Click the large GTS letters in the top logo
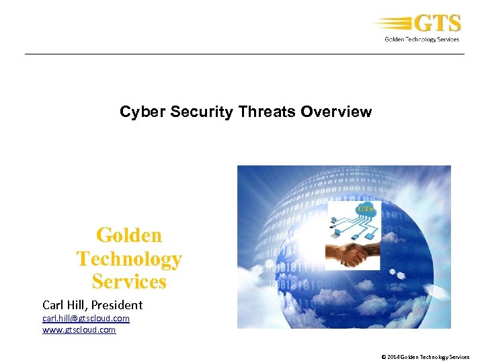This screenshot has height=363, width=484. click(x=437, y=24)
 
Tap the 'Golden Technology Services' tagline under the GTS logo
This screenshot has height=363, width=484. click(x=421, y=39)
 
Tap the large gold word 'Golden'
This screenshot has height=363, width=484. click(x=129, y=235)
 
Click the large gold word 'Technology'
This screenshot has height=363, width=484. click(x=129, y=258)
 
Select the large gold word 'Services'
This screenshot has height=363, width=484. click(x=129, y=281)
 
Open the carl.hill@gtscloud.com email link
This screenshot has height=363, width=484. click(x=86, y=318)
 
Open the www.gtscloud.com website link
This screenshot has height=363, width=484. click(x=79, y=329)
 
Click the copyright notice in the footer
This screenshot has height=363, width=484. click(x=425, y=357)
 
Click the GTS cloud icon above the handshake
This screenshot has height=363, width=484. click(x=365, y=209)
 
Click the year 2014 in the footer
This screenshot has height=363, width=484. click(x=393, y=357)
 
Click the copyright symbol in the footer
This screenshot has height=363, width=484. click(x=383, y=357)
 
